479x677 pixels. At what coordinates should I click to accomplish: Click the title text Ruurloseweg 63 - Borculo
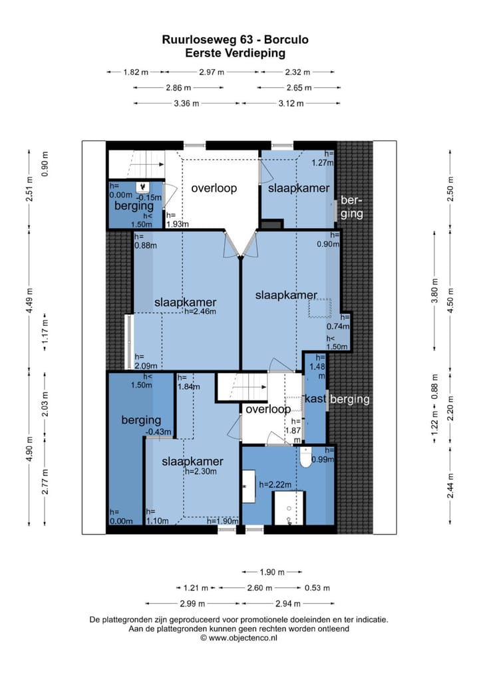236,40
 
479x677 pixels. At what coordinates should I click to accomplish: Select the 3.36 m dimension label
186,104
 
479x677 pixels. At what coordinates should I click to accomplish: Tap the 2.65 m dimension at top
299,88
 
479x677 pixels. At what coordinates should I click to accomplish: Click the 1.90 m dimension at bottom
272,573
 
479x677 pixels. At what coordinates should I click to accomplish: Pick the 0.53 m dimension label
317,588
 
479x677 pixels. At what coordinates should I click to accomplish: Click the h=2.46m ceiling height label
200,311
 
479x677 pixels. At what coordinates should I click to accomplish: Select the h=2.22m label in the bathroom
275,485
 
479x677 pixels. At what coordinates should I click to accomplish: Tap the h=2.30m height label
201,472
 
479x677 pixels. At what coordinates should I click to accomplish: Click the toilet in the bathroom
306,458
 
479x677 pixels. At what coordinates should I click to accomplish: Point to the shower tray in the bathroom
289,509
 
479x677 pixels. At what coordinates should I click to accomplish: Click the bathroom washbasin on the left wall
248,487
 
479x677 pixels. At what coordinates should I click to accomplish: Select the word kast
315,399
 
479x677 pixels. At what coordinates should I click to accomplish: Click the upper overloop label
214,188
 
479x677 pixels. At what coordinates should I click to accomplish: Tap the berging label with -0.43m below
141,420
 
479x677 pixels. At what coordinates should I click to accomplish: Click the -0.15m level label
150,198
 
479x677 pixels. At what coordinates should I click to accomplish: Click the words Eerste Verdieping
236,53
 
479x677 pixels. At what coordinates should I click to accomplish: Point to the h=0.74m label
339,322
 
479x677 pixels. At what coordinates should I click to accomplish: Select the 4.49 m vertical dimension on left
29,300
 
